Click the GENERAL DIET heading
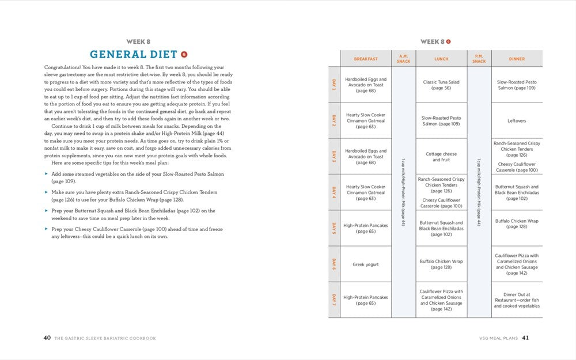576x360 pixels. click(133, 55)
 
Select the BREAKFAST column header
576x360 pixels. click(366, 59)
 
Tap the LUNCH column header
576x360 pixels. click(441, 59)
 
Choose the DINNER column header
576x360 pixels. click(517, 59)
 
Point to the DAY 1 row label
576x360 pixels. click(334, 85)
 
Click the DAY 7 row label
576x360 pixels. click(334, 300)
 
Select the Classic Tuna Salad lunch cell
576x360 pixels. click(441, 85)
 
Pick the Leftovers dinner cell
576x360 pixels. click(517, 121)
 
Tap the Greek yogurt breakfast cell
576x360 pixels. click(366, 264)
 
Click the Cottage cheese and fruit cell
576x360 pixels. click(441, 157)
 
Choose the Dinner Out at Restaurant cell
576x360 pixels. click(517, 300)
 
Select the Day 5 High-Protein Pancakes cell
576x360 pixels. click(366, 229)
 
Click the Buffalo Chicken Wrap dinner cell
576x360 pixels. click(517, 223)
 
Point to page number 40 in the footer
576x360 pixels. click(47, 338)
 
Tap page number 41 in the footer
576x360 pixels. click(525, 338)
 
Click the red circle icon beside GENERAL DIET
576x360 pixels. click(184, 54)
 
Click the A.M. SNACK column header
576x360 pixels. click(403, 59)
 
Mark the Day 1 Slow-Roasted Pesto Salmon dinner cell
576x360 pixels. click(517, 85)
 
